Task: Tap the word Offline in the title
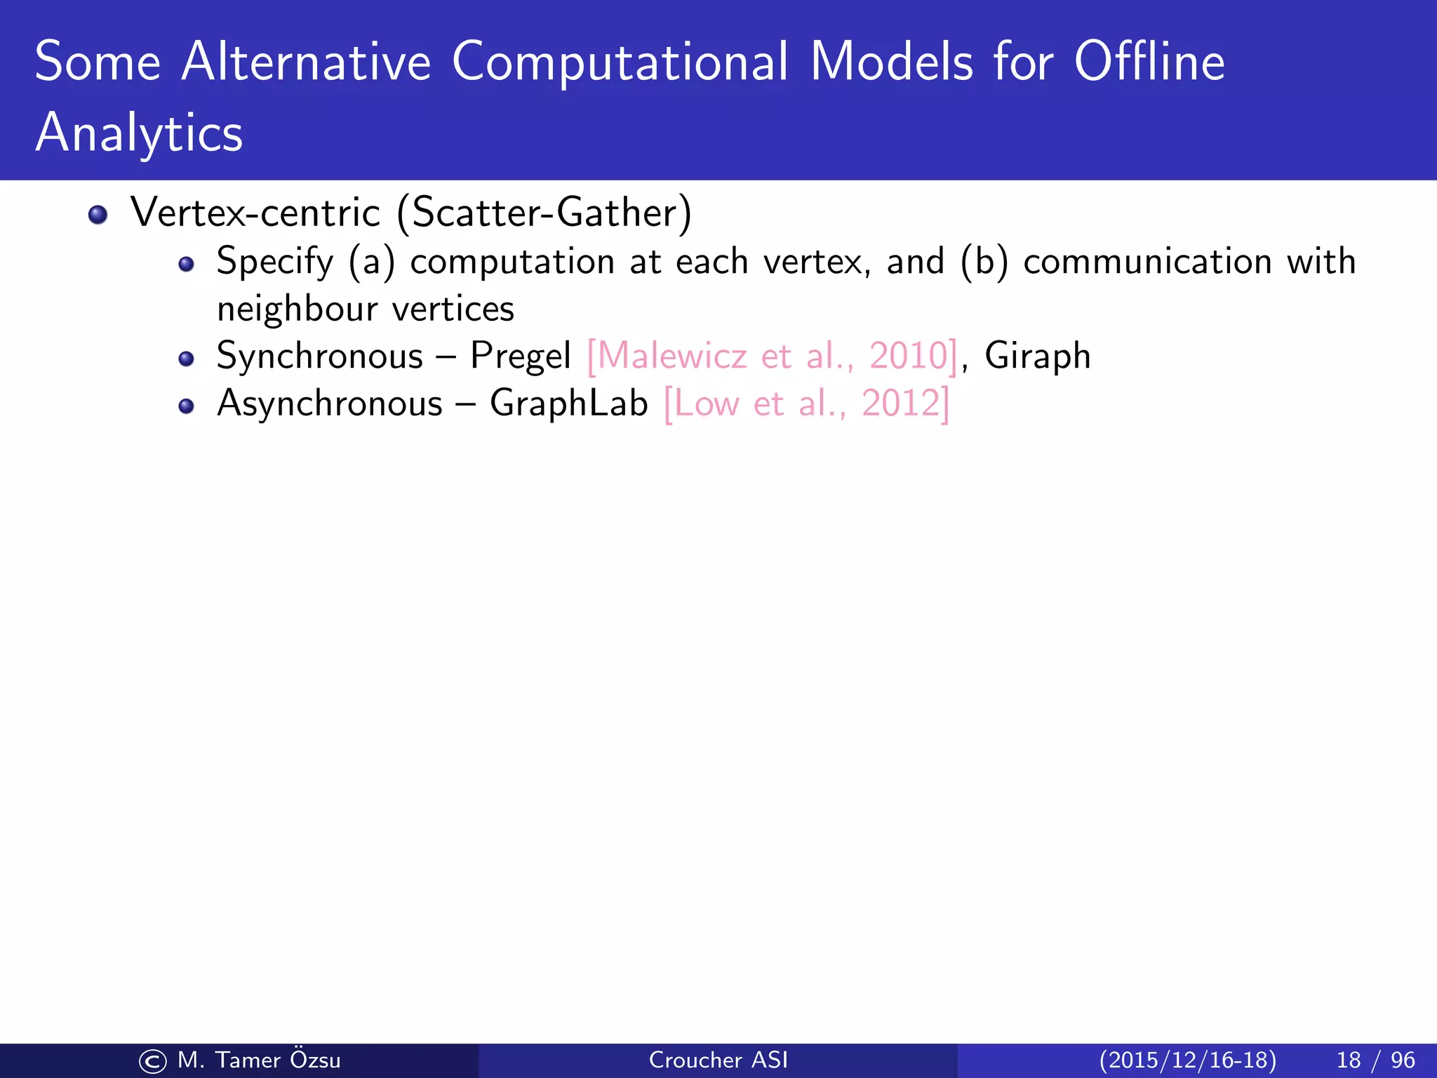(x=1149, y=62)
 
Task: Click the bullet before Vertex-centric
(x=98, y=215)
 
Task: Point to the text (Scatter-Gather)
(x=544, y=213)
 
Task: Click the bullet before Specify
(x=186, y=265)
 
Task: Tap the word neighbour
(x=297, y=310)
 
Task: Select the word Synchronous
(x=320, y=356)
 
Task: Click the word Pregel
(x=521, y=356)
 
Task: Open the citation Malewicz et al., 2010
(x=772, y=356)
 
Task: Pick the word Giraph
(x=1037, y=356)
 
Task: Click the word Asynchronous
(x=330, y=404)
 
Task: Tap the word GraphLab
(x=568, y=404)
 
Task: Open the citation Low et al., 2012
(x=806, y=404)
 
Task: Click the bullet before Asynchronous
(x=186, y=406)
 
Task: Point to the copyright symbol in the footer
(x=153, y=1061)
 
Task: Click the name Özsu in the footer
(x=314, y=1060)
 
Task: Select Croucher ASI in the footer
(x=718, y=1060)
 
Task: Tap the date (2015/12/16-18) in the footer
(x=1187, y=1060)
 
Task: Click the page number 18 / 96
(x=1375, y=1060)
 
